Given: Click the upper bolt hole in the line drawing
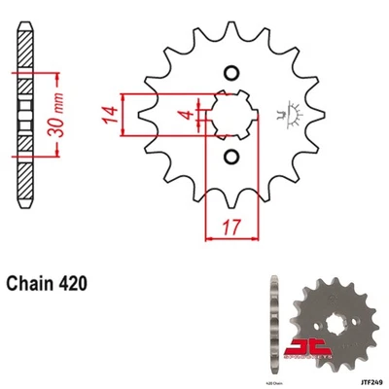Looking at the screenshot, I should click(x=231, y=72).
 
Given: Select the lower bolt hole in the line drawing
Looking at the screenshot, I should click(x=231, y=157).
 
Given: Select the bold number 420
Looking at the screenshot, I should click(x=77, y=285).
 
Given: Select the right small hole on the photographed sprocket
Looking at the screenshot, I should click(x=345, y=317).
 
